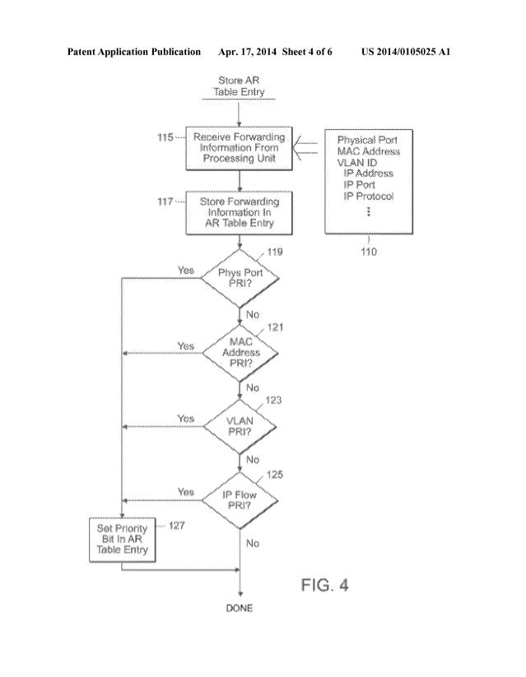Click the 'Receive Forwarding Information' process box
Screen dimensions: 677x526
pyautogui.click(x=240, y=147)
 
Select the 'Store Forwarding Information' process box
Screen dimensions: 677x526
pyautogui.click(x=240, y=212)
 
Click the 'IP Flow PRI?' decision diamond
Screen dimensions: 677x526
pyautogui.click(x=240, y=498)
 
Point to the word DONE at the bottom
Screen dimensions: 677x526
pyautogui.click(x=240, y=608)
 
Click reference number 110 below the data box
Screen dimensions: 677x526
pyautogui.click(x=368, y=252)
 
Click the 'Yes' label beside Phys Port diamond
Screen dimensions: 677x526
pyautogui.click(x=186, y=270)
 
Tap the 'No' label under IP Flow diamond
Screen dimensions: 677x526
pyautogui.click(x=252, y=543)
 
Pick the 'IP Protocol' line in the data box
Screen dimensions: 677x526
pyautogui.click(x=368, y=196)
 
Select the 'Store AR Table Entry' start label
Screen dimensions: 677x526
pyautogui.click(x=240, y=86)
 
